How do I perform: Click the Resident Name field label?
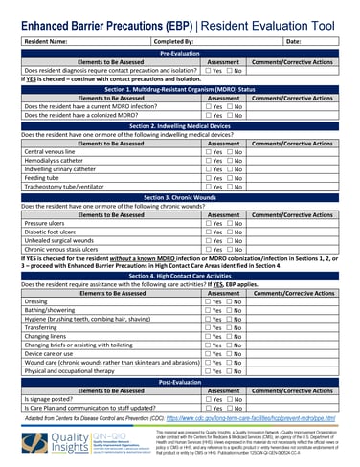[45, 42]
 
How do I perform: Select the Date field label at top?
[292, 42]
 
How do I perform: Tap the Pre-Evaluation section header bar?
[179, 54]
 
